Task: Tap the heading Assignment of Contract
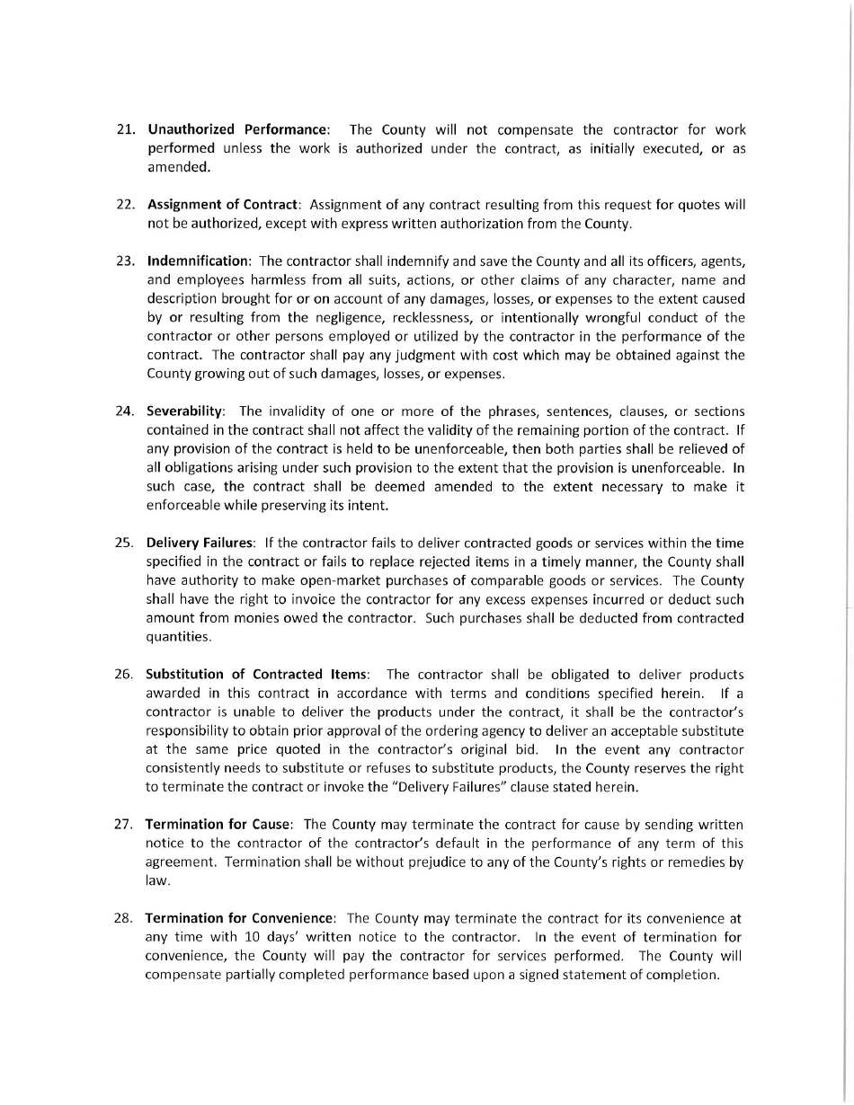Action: coord(224,204)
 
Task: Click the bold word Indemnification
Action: coord(198,261)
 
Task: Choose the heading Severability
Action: coord(185,411)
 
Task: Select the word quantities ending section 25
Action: coord(179,637)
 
